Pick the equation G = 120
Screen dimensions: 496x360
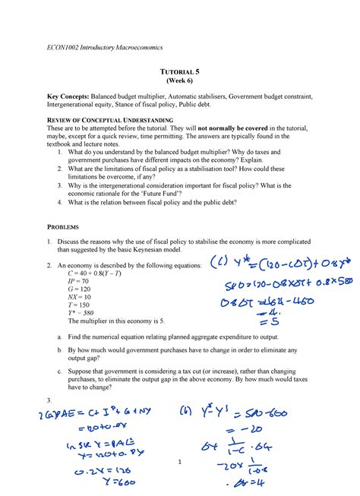[79, 289]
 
